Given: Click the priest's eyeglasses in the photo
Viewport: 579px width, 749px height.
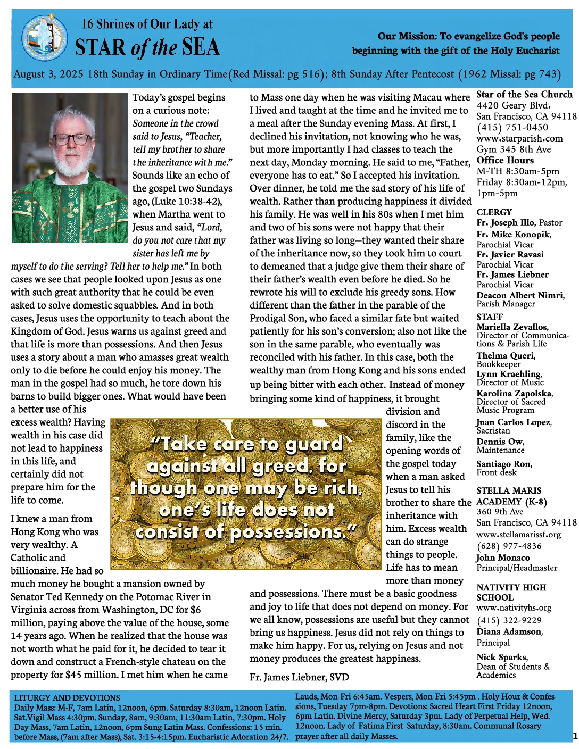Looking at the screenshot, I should click(69, 139).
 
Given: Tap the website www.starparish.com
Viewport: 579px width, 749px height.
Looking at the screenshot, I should click(519, 138).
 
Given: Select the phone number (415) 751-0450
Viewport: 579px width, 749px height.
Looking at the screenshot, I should click(512, 127).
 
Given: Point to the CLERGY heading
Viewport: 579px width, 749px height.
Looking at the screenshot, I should click(494, 212).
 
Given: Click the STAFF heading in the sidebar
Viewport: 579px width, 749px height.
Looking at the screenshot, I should click(490, 317).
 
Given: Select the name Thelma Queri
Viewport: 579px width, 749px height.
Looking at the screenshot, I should click(506, 355).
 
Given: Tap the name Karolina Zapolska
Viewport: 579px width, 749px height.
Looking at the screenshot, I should click(514, 393).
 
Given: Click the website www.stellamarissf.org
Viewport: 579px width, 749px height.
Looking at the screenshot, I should click(518, 534).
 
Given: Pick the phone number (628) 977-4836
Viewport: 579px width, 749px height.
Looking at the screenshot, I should click(509, 546).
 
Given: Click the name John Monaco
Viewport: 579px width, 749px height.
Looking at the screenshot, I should click(503, 557).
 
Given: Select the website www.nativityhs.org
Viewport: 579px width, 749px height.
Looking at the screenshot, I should click(514, 607).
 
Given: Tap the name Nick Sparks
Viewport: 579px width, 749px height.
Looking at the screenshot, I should click(502, 657).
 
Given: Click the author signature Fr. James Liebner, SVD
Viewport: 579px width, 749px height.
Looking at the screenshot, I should click(299, 677).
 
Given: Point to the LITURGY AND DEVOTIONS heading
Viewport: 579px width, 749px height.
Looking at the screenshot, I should click(67, 697).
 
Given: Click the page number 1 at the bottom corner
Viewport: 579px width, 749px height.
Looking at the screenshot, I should click(575, 736).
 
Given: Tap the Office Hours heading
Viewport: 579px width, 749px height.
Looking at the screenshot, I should click(504, 160).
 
